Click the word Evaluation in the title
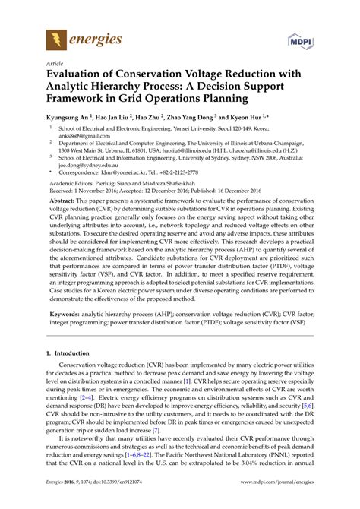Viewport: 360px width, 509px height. [x=83, y=77]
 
